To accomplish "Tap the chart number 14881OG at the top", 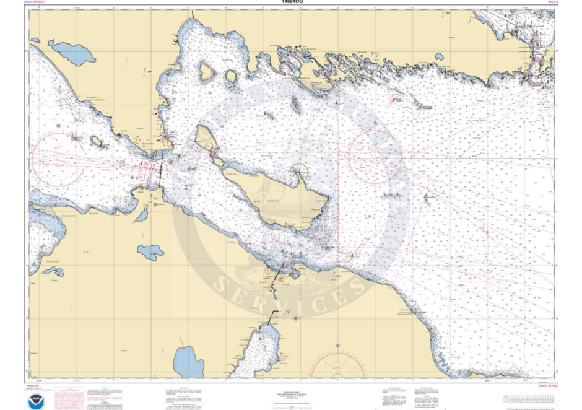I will pos(291,2).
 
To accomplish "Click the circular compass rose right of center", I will pos(375,155).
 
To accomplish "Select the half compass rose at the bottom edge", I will pos(337,365).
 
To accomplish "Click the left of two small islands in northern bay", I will pos(206,72).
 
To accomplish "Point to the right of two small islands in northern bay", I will pos(231,77).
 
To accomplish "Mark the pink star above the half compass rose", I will pos(337,345).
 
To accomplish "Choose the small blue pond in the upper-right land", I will pos(439,57).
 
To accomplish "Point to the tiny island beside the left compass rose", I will pos(97,141).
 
